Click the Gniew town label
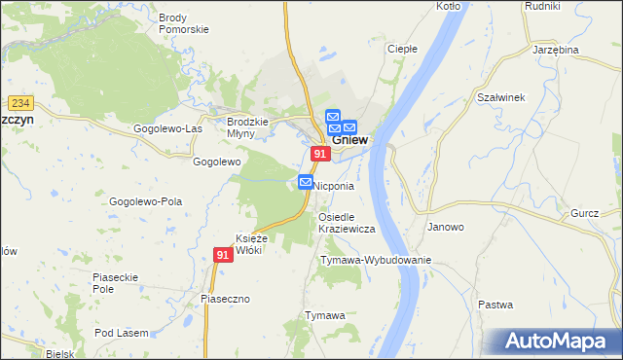350,140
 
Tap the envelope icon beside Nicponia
305,182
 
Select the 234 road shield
19,101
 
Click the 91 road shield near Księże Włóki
223,255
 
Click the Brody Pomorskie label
184,23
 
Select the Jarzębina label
556,50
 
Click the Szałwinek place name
501,97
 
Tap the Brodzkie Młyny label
240,127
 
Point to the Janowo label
446,227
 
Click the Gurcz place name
585,213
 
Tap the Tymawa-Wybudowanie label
375,261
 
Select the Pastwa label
495,305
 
